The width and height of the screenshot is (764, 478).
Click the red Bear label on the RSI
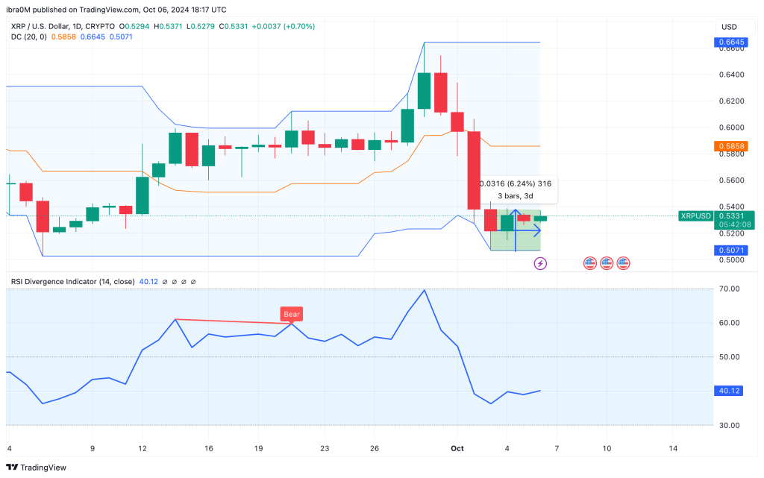pos(291,314)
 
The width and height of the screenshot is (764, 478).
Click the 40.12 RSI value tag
pos(727,391)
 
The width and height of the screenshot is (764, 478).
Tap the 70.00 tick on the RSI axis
pos(727,289)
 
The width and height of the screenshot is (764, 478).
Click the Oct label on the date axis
pos(457,448)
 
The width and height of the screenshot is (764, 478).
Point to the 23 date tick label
pos(325,448)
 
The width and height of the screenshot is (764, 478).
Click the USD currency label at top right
pos(727,27)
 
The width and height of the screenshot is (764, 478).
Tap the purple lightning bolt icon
pos(541,263)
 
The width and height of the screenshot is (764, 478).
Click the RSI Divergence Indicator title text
pos(72,282)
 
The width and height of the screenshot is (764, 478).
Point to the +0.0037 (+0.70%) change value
pos(283,26)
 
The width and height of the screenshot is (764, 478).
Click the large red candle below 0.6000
pos(474,170)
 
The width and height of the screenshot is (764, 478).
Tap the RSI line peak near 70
pos(425,290)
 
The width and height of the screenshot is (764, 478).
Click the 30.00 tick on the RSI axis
pos(727,425)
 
